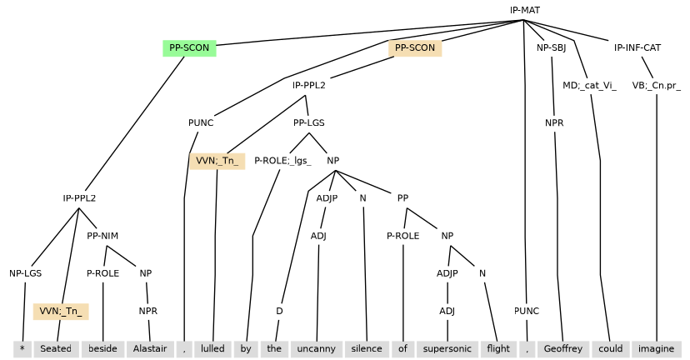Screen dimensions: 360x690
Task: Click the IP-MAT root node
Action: [525, 10]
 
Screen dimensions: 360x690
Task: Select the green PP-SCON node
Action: [189, 47]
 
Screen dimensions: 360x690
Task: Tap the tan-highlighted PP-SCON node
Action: [414, 47]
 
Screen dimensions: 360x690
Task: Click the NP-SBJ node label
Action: [551, 47]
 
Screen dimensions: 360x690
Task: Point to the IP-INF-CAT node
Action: [637, 47]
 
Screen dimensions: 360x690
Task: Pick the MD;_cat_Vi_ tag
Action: [589, 85]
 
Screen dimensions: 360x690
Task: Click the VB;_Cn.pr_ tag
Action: [656, 85]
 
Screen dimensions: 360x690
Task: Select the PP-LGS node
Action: [309, 122]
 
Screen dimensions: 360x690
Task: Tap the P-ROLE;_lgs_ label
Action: [282, 160]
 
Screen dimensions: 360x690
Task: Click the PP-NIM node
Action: [102, 235]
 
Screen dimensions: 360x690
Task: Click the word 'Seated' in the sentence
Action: [56, 348]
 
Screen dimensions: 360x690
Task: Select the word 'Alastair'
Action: [151, 348]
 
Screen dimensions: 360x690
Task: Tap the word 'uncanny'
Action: [315, 348]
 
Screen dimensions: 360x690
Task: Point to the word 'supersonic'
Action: [447, 348]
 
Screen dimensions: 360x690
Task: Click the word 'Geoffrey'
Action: [563, 348]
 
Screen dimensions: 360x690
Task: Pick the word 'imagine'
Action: [656, 348]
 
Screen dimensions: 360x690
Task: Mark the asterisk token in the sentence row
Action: [22, 348]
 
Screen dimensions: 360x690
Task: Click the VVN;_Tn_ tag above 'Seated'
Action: [61, 311]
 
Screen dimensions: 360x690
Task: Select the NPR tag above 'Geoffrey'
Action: [554, 122]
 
